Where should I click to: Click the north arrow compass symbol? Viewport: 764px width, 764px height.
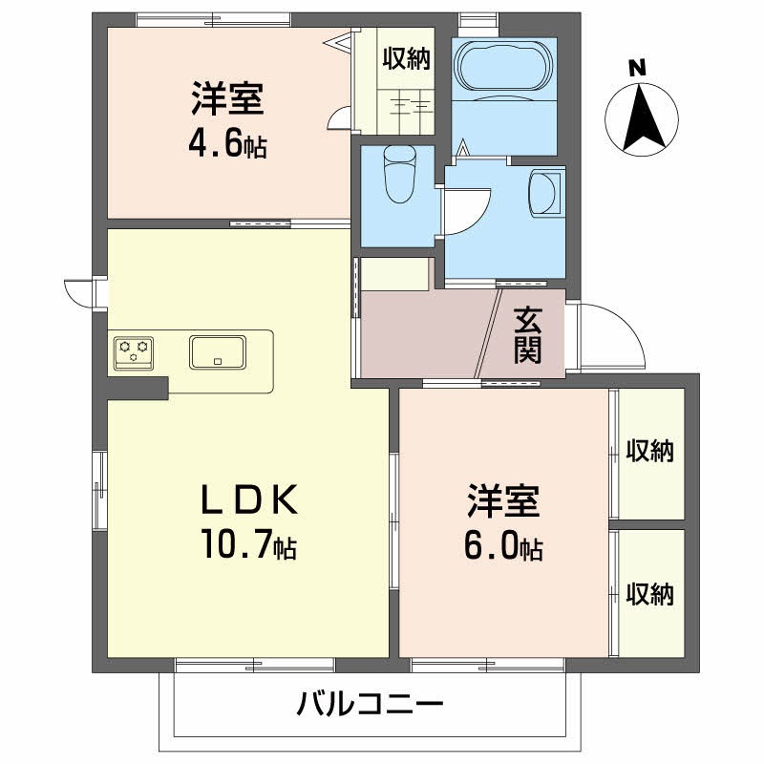[642, 120]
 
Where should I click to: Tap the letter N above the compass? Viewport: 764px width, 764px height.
[637, 68]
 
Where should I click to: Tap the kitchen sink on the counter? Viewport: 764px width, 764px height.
[219, 352]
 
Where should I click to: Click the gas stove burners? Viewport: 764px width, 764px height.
[133, 352]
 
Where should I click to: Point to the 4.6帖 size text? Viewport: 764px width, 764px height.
[227, 145]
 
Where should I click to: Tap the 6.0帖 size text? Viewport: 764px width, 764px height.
[503, 546]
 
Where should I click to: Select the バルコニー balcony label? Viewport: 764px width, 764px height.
[370, 707]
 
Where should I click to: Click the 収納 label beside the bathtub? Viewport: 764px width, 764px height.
[407, 59]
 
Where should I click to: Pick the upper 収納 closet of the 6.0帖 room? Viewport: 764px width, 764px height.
[650, 451]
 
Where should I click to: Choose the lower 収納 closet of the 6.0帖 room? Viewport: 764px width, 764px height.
[650, 594]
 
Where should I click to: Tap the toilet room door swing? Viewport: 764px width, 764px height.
[464, 210]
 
